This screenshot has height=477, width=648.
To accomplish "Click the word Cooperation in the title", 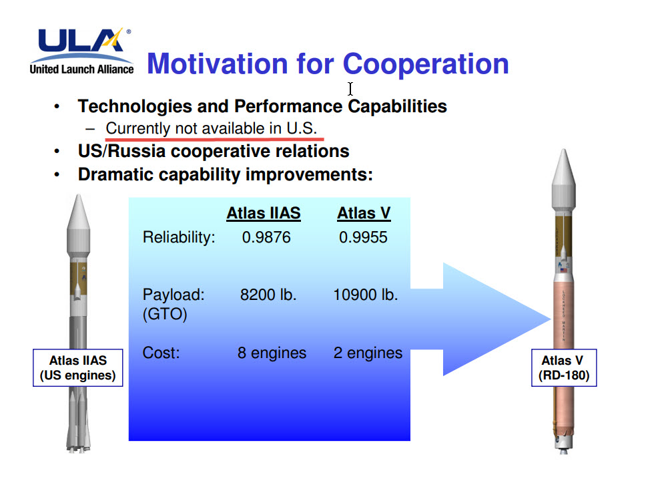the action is (426, 64).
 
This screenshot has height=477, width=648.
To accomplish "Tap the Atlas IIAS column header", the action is (264, 214).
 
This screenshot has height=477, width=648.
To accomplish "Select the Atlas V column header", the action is (364, 214).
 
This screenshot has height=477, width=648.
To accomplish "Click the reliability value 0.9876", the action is (266, 237).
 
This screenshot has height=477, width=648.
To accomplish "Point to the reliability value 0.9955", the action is (363, 237).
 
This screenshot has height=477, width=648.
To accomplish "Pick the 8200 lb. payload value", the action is (269, 295).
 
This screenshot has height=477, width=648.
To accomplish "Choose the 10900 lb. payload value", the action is (365, 295).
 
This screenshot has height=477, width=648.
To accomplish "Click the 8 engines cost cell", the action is (272, 353).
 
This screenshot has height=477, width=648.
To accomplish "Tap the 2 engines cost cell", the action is (368, 353).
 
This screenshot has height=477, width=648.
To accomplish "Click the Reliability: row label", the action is (179, 237).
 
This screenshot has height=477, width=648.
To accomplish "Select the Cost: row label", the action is (161, 353).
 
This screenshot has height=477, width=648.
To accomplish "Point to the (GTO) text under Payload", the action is (165, 314).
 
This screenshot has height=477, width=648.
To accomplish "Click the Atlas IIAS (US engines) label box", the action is (77, 368).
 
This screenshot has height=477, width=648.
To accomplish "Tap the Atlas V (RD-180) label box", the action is (564, 368).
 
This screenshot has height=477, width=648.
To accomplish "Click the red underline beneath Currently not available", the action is (214, 139).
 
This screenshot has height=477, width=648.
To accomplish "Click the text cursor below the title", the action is (350, 89).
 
